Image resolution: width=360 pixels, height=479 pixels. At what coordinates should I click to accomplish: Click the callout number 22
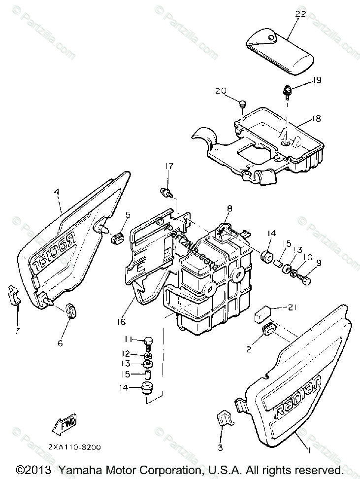tap(301, 14)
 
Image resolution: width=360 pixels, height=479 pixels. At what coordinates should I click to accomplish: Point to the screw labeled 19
tap(286, 91)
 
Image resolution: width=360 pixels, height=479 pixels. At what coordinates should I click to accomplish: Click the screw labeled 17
tap(165, 192)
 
